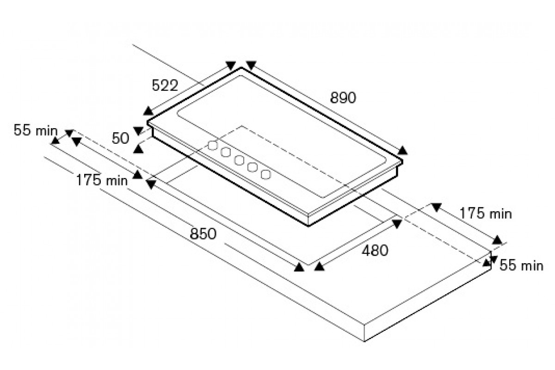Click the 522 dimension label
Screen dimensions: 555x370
click(165, 86)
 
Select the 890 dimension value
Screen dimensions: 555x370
click(343, 98)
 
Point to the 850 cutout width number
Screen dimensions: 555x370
click(203, 234)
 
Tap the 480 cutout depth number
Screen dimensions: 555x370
click(375, 250)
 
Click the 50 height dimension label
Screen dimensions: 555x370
click(120, 138)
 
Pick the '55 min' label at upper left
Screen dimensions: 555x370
click(36, 130)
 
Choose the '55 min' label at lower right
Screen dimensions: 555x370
click(521, 265)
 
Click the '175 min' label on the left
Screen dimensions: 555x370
click(102, 180)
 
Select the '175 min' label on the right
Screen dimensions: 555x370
click(486, 213)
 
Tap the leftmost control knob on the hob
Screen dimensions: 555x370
click(213, 146)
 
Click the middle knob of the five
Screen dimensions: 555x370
click(239, 160)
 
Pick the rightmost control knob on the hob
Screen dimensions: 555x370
click(265, 174)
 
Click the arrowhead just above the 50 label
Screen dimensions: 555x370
click(138, 131)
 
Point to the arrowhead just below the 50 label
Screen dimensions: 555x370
click(138, 149)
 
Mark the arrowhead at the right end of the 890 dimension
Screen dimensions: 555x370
click(402, 150)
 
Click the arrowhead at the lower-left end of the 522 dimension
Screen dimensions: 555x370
click(148, 111)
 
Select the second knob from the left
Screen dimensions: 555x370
click(226, 153)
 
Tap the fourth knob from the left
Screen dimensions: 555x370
click(253, 167)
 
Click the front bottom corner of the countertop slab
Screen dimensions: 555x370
click(364, 341)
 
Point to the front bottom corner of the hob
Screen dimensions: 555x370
click(308, 226)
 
